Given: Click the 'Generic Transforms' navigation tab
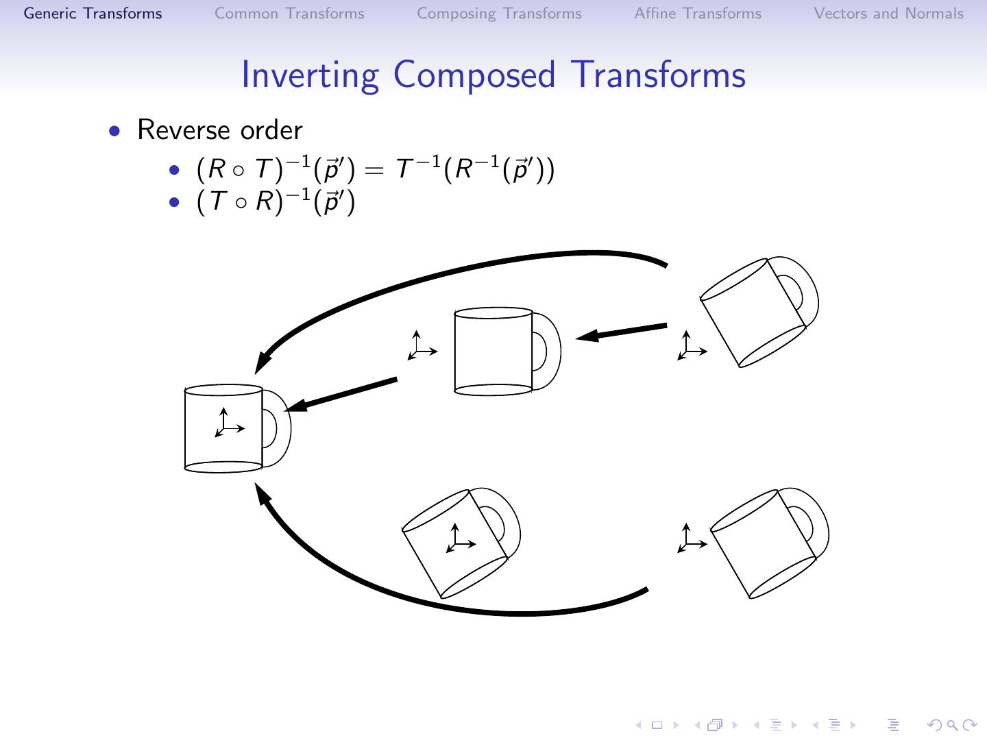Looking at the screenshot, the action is tap(93, 14).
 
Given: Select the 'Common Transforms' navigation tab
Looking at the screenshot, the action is tap(289, 14).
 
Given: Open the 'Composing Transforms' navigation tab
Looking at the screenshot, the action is tap(499, 14).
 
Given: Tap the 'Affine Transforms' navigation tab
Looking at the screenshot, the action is tap(698, 14).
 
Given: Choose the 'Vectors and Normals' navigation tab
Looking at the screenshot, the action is tap(888, 14).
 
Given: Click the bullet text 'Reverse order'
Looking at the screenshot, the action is tap(219, 130).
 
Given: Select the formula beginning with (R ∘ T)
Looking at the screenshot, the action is tap(375, 169).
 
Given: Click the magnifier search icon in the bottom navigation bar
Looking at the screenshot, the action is tap(951, 725).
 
